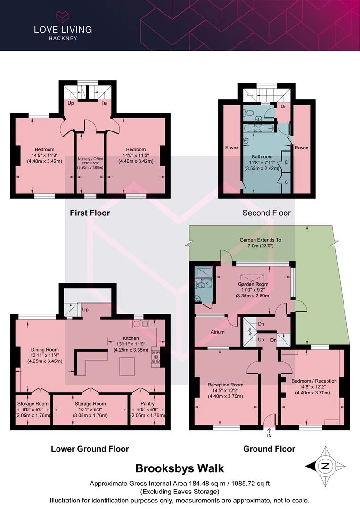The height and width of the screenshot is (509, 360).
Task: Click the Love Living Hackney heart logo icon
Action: coord(63,16)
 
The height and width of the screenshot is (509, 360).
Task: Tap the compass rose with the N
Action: coord(325,467)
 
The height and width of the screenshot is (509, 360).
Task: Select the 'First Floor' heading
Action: coord(90,213)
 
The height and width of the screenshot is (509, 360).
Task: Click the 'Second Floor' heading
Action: coord(267,213)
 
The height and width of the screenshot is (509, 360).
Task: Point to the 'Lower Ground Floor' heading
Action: coord(90,449)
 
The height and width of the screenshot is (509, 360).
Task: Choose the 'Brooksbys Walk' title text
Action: coord(180,468)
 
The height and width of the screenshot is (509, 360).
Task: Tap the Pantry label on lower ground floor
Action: coord(147,403)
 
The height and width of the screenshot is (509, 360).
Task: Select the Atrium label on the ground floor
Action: coord(218,332)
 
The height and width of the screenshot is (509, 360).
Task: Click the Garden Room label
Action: coord(253,284)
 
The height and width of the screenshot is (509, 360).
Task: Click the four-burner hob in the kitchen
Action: coord(155,356)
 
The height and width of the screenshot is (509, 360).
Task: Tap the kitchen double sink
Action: coord(140,324)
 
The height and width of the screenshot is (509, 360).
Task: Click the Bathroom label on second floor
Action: coord(262,156)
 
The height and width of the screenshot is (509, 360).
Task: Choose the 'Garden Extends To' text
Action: coord(261,240)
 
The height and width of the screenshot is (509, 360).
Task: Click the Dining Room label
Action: coord(45,350)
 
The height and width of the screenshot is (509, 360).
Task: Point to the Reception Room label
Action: coord(225,385)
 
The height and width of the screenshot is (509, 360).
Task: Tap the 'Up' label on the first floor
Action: coord(70,103)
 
